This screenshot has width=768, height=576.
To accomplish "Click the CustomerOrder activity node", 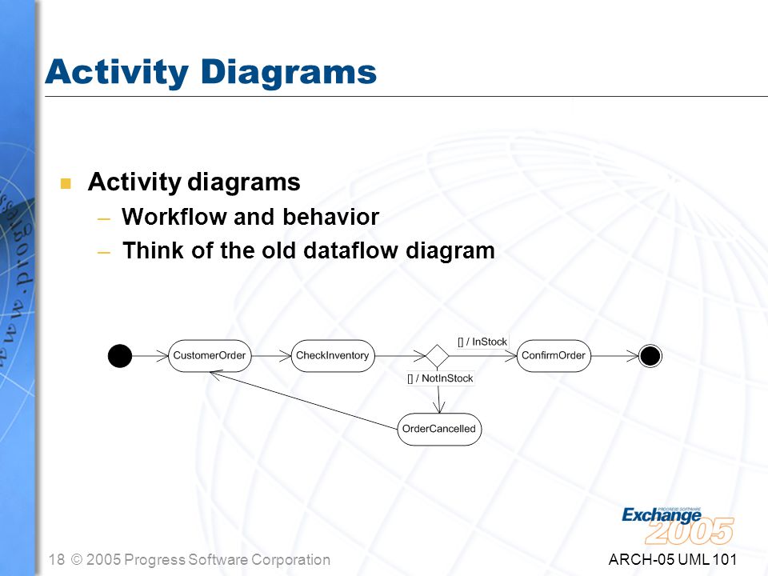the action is (x=210, y=355).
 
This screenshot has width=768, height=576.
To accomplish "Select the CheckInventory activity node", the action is (x=333, y=355).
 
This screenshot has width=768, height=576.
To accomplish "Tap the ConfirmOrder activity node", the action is (x=554, y=355).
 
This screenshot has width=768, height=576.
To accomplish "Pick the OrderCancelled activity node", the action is (x=439, y=429).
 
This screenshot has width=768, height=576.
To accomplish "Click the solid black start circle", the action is (x=120, y=355).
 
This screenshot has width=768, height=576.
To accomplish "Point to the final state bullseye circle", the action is (x=650, y=356).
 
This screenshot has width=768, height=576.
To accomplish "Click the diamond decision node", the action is (x=437, y=355).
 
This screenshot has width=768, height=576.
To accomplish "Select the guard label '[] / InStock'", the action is (x=482, y=342).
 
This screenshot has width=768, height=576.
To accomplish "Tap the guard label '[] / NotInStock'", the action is (x=440, y=378).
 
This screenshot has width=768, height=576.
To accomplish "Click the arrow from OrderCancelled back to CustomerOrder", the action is (x=304, y=401).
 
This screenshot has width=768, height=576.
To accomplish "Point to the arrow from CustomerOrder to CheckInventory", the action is (x=271, y=355).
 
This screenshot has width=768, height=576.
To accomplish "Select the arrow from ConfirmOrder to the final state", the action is (x=615, y=356).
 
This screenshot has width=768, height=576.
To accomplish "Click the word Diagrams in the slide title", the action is (x=289, y=73).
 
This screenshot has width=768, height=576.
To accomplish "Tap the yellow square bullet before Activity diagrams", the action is (x=66, y=183).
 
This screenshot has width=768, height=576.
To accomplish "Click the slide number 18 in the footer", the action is (x=57, y=559).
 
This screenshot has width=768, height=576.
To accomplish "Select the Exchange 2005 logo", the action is (x=678, y=526).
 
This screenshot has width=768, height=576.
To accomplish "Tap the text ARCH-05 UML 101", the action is (x=673, y=559).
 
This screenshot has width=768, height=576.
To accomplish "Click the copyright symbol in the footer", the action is (x=77, y=559).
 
